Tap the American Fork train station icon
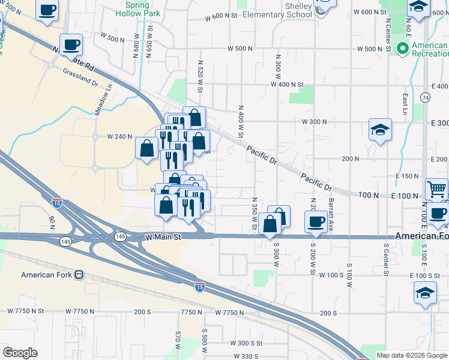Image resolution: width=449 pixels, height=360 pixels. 78,275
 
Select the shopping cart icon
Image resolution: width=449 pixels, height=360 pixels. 437,189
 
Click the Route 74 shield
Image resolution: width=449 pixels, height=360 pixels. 426,97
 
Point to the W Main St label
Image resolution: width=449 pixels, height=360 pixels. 164,238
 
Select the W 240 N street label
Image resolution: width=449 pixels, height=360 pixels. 119,137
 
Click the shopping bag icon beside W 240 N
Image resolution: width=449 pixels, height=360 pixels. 147,148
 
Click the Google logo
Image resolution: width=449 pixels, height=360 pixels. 20,353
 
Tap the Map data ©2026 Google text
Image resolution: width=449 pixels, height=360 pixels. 412,355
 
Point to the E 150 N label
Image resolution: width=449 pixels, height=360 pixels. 407,176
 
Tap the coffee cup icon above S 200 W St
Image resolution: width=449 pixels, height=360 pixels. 315,222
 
